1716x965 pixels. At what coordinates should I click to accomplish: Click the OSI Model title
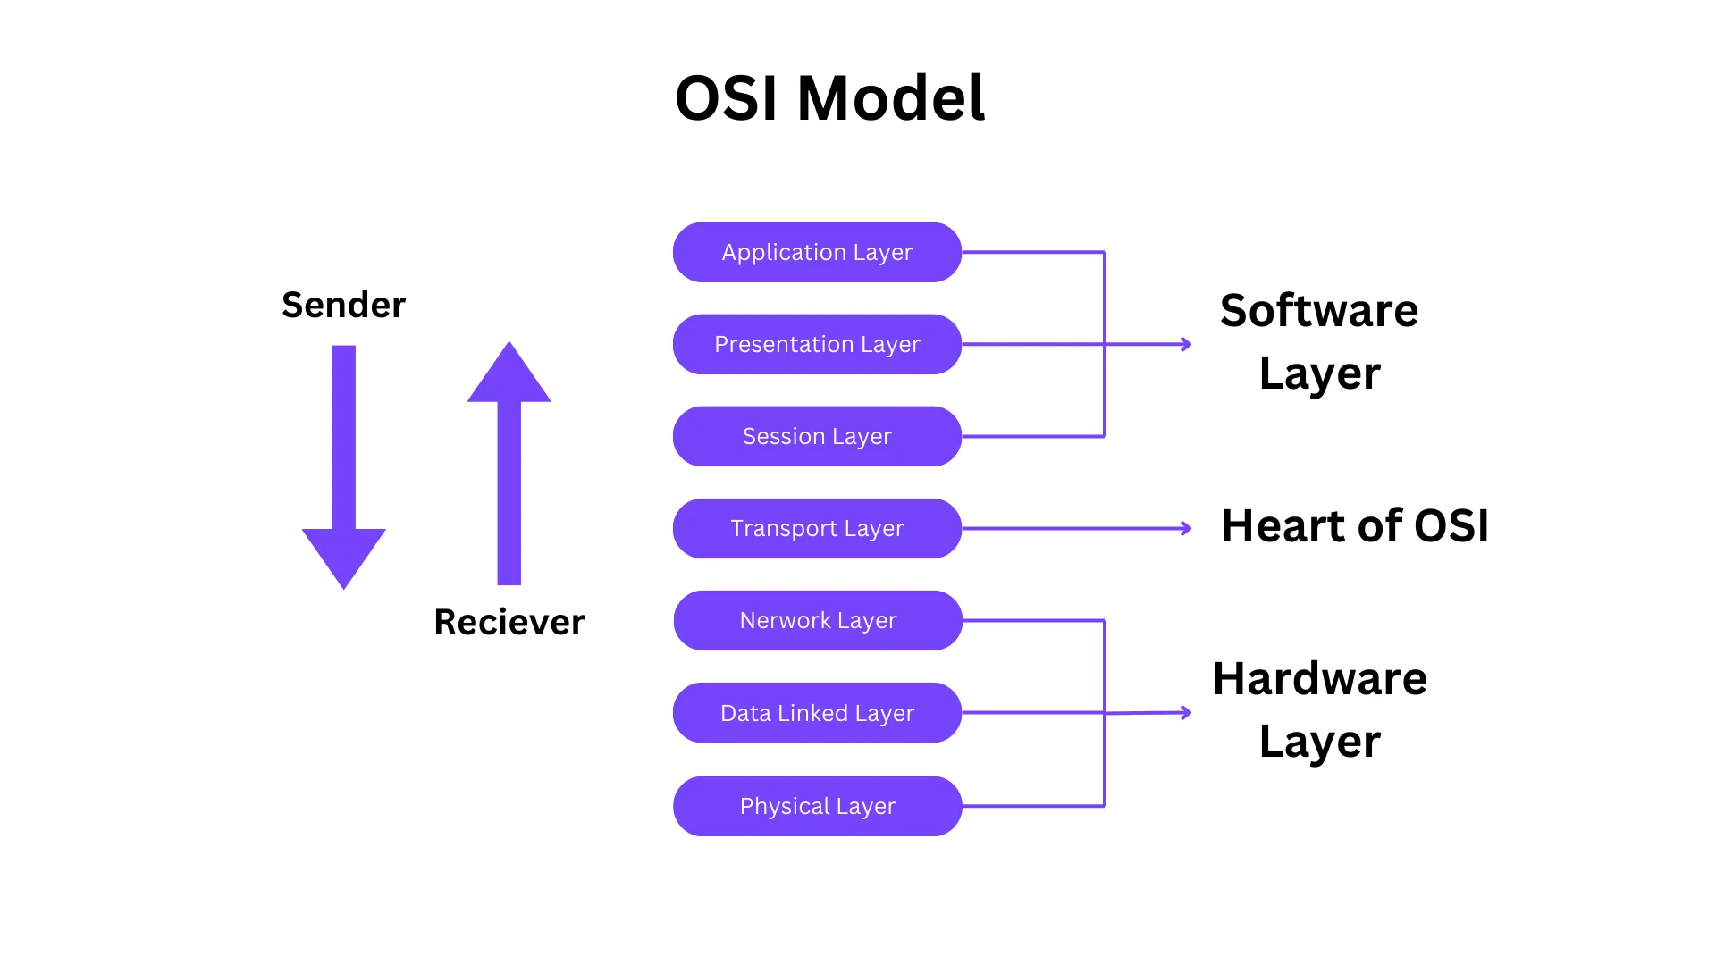pos(829,98)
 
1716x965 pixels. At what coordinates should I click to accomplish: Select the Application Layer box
pos(817,253)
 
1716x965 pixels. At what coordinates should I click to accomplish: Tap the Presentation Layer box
pos(817,345)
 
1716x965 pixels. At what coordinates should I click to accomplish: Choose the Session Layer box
pos(817,437)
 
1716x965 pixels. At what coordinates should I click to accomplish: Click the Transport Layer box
pos(817,529)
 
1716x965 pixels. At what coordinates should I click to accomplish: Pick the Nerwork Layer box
pos(817,621)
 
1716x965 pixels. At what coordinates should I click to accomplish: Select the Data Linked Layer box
pos(817,713)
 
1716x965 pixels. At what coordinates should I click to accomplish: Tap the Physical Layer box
pos(817,806)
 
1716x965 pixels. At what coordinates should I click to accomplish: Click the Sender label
pos(343,306)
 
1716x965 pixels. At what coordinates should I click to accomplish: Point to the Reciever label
pos(509,622)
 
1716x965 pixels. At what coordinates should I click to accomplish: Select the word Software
pos(1319,311)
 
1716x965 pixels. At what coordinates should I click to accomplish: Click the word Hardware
pos(1319,679)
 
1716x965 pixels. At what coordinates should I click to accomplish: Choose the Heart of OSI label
pos(1354,526)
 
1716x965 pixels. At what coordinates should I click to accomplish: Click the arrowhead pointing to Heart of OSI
pos(1187,529)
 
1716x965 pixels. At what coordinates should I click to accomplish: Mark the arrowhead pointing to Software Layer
pos(1187,344)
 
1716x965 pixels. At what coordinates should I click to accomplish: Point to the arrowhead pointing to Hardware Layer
pos(1187,712)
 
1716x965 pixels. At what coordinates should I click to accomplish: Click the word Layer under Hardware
pos(1319,742)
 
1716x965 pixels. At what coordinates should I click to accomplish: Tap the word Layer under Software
pos(1319,373)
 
